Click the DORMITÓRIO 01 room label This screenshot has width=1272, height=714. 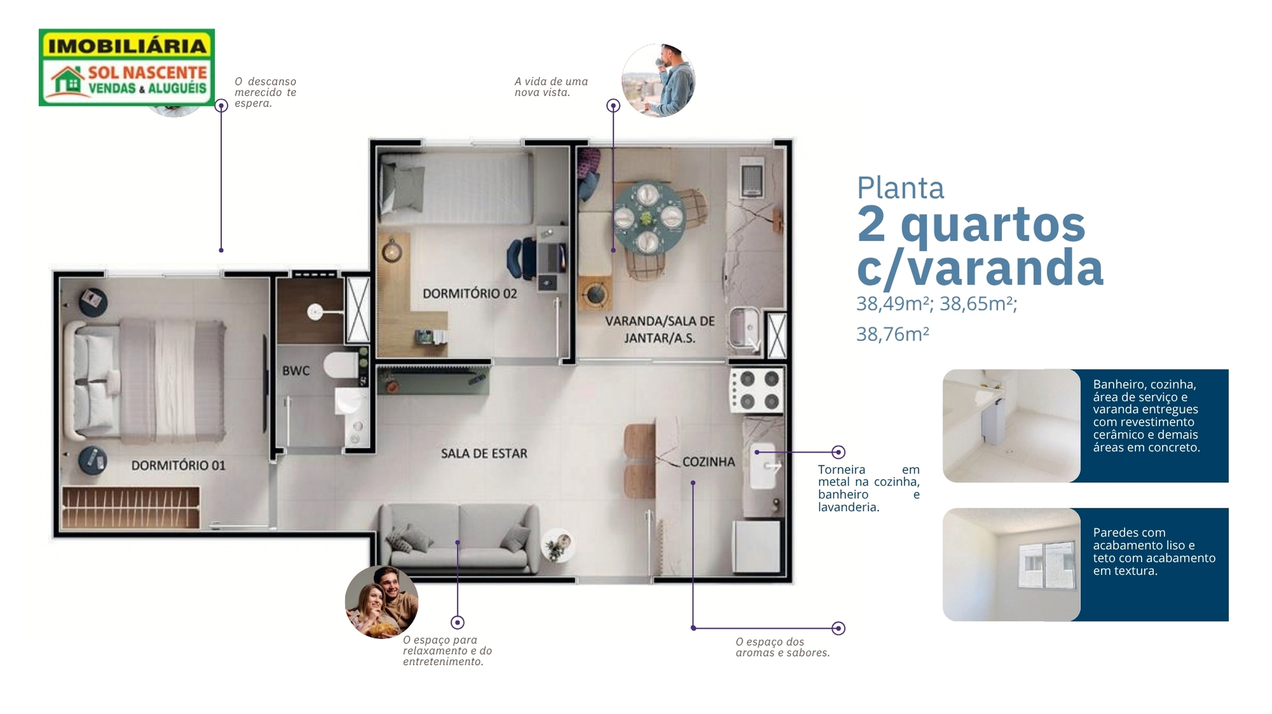pyautogui.click(x=178, y=465)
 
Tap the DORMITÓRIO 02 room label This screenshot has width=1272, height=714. pyautogui.click(x=469, y=293)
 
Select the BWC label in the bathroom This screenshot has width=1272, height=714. pyautogui.click(x=296, y=370)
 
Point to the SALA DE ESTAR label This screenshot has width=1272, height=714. pyautogui.click(x=484, y=453)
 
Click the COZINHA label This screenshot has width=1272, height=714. pyautogui.click(x=709, y=462)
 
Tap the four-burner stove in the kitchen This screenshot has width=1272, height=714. pyautogui.click(x=757, y=390)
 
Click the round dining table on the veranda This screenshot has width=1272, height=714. pyautogui.click(x=648, y=218)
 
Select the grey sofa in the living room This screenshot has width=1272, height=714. pyautogui.click(x=459, y=538)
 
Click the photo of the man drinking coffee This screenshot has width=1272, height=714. pyautogui.click(x=658, y=80)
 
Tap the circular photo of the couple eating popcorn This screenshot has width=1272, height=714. pyautogui.click(x=382, y=602)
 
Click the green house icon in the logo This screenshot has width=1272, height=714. pyautogui.click(x=67, y=81)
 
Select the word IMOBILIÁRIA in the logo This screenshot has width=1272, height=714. pyautogui.click(x=127, y=46)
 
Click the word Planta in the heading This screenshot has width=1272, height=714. pyautogui.click(x=900, y=188)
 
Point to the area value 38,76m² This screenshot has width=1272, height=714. pyautogui.click(x=892, y=334)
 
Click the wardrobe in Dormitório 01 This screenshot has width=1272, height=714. pyautogui.click(x=130, y=508)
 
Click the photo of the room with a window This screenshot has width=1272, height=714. pyautogui.click(x=1011, y=564)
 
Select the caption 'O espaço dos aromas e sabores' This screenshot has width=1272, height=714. pyautogui.click(x=783, y=647)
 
